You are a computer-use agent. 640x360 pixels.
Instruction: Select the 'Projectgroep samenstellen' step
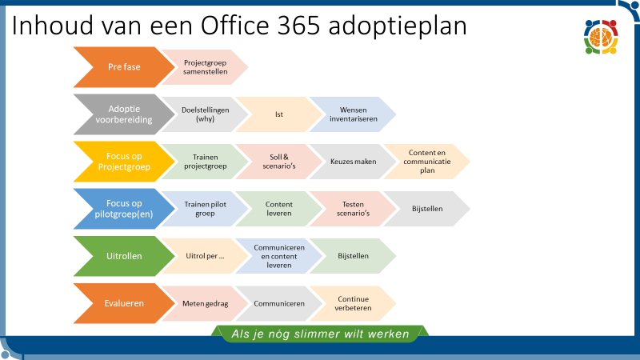coord(205,67)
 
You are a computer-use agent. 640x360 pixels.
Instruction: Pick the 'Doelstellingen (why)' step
coord(205,114)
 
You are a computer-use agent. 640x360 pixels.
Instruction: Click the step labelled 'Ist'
coord(278,114)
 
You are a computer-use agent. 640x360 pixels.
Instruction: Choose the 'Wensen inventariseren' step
coord(353,114)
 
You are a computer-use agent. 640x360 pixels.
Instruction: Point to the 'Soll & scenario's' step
coord(278,162)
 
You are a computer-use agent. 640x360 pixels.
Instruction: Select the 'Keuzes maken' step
coord(353,162)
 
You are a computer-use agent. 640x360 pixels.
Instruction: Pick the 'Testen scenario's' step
coord(353,209)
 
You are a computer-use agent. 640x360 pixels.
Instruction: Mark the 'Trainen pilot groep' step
coord(205,209)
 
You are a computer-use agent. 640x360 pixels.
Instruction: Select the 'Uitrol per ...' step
coord(205,256)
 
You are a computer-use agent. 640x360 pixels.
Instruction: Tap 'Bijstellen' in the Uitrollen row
coord(353,256)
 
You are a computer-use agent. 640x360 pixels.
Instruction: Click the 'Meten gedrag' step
coord(205,304)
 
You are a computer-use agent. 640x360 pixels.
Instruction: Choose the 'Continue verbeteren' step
coord(353,304)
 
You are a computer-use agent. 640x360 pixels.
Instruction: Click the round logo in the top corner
coord(602,37)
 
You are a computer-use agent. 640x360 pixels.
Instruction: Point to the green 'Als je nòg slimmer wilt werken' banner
coord(320,334)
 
